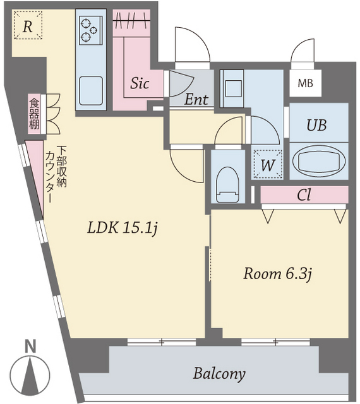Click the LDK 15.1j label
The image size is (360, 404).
pos(123,228)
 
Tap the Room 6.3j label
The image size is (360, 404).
pos(278,274)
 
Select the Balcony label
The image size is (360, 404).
pos(219,374)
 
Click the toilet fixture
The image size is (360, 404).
pos(227,184)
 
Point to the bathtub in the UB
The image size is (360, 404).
pos(319,160)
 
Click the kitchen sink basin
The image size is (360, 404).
pos(90,90)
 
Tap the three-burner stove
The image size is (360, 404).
pos(90,30)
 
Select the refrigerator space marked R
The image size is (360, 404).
pos(28,25)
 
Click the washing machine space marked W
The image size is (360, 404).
pos(267,164)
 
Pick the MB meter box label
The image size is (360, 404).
pos(305,83)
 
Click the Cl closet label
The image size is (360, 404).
pos(304,195)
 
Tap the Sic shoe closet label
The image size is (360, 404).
pos(140,83)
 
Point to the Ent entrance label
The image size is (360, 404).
pos(196,100)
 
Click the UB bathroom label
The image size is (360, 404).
pos(316,125)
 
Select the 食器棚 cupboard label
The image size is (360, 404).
pos(34,114)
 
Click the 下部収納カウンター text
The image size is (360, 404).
pos(56,174)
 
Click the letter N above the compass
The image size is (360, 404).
pos(30,347)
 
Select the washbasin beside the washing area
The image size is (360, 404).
pos(234,88)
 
